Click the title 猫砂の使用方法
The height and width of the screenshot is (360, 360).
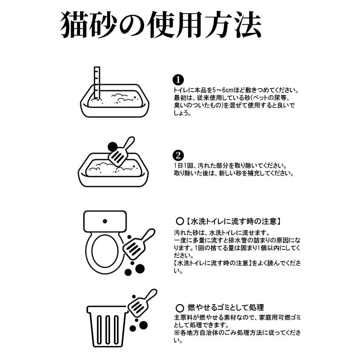coord(161,25)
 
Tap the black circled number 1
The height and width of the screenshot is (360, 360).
coord(178,80)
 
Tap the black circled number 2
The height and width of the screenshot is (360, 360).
coord(178,155)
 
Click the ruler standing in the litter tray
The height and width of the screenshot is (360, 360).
coord(97,83)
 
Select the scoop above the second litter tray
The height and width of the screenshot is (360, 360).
coord(121,151)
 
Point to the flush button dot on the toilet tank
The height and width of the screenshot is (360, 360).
coord(105,221)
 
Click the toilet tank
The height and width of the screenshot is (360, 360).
coord(105,221)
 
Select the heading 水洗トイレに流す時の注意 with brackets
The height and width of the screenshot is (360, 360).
coord(233,221)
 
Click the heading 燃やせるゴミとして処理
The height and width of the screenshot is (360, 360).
coord(226,307)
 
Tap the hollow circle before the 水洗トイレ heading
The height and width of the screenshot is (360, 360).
coord(180,221)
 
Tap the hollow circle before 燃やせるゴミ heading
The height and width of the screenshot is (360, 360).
coord(180,308)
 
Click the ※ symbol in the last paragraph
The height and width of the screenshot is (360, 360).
coord(177,333)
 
